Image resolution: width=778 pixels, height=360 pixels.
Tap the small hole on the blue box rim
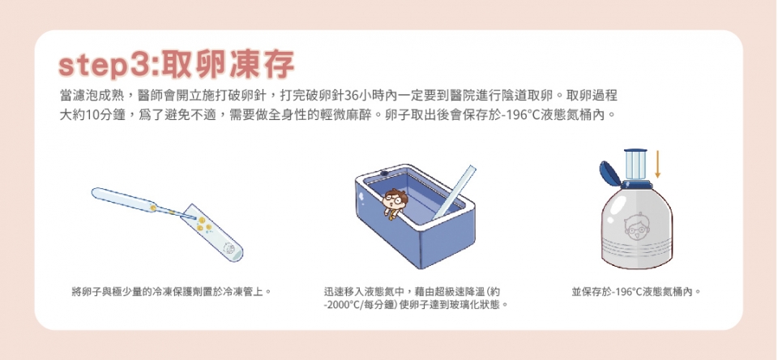pos(383,173)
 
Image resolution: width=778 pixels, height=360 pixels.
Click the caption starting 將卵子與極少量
pos(171,291)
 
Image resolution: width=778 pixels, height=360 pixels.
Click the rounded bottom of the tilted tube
pos(238,255)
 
